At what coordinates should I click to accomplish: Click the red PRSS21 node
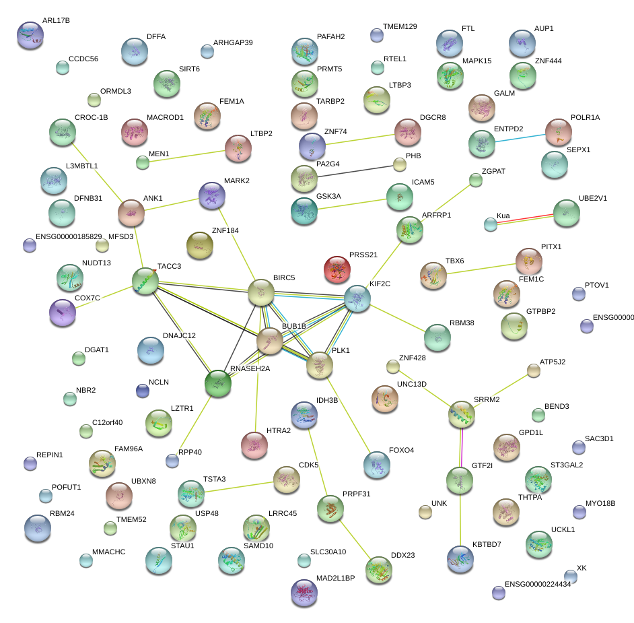pos(337,270)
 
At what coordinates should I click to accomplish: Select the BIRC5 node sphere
pos(261,292)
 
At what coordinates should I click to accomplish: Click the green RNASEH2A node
pos(218,383)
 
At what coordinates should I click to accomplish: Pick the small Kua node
pos(491,224)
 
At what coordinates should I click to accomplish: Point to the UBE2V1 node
pos(567,213)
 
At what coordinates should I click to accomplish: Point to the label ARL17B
pos(56,21)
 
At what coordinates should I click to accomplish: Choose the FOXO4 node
pos(376,465)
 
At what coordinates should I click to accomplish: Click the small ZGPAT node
pos(476,180)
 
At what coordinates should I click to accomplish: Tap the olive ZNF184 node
pos(199,246)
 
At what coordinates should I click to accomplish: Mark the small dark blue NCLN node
pos(142,391)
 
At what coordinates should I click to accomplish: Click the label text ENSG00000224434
pos(537,584)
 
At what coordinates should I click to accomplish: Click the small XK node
pos(571,576)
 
